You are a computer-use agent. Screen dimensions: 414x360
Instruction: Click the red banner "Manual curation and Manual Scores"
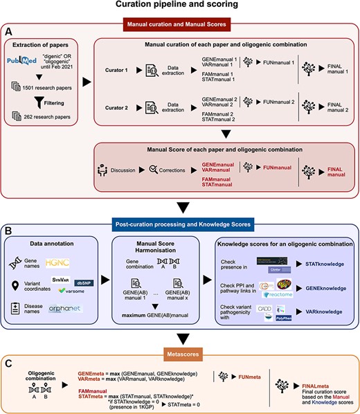tap(179, 26)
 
